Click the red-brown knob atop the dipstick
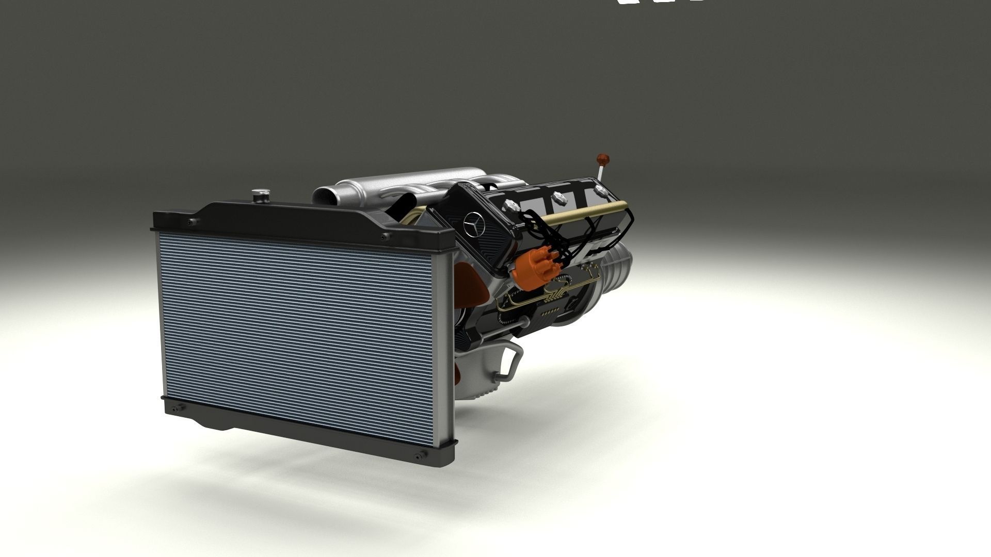601,157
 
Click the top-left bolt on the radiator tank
193,222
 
